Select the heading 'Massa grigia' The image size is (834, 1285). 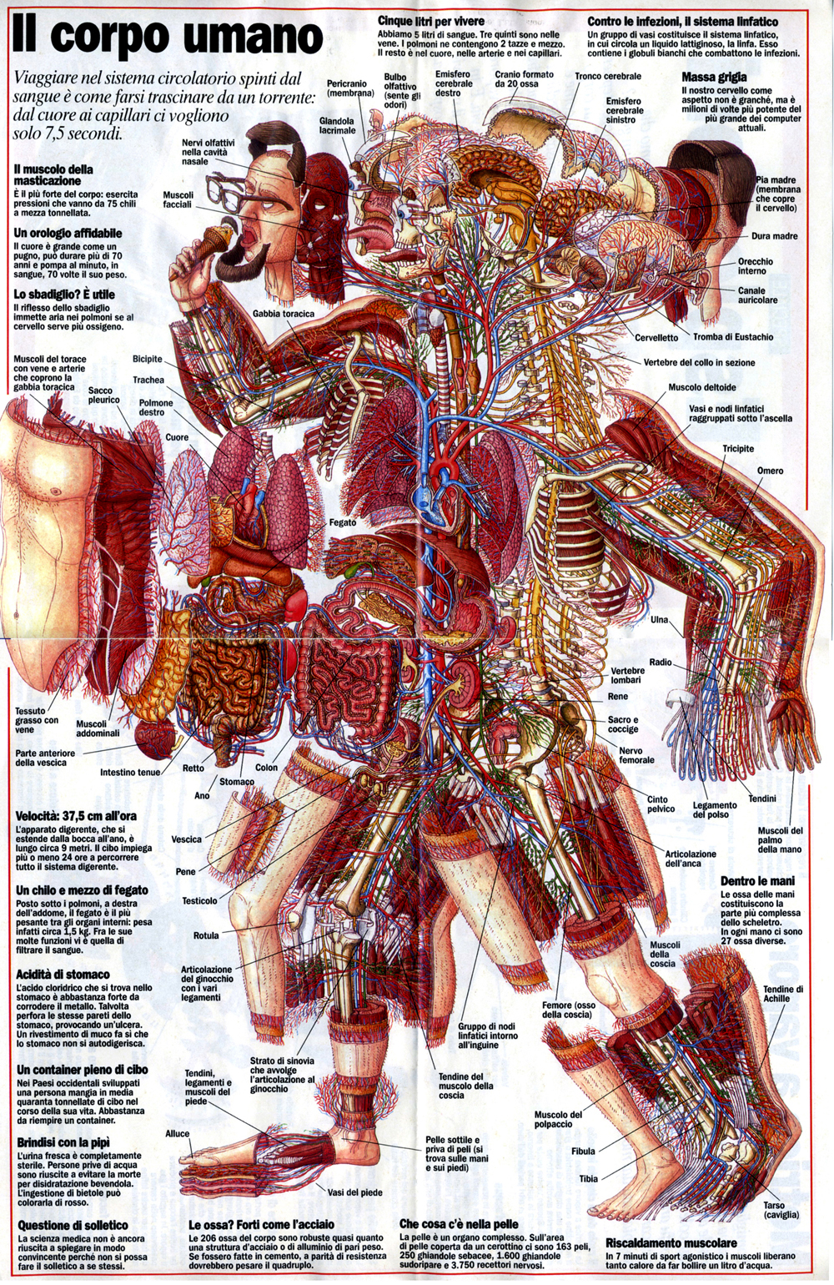pyautogui.click(x=714, y=77)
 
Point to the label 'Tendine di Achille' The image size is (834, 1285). pyautogui.click(x=782, y=994)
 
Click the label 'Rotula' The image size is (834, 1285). pyautogui.click(x=206, y=935)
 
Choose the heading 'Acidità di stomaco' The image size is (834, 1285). pyautogui.click(x=63, y=974)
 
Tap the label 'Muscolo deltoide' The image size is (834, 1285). pyautogui.click(x=701, y=387)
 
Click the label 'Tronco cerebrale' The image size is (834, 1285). pyautogui.click(x=607, y=76)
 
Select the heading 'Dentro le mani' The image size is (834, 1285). pyautogui.click(x=757, y=880)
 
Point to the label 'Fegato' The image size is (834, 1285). pyautogui.click(x=342, y=522)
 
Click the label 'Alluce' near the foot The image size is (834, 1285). pyautogui.click(x=178, y=1134)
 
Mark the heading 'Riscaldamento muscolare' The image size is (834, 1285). pyautogui.click(x=671, y=1242)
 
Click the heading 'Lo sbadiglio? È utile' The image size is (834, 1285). pyautogui.click(x=64, y=295)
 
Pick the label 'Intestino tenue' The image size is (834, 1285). pyautogui.click(x=130, y=772)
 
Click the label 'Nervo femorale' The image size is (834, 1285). pyautogui.click(x=636, y=755)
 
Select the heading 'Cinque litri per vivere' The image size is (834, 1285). pyautogui.click(x=431, y=21)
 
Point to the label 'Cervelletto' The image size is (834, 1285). pyautogui.click(x=656, y=338)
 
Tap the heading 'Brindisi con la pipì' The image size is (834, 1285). pyautogui.click(x=63, y=1142)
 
